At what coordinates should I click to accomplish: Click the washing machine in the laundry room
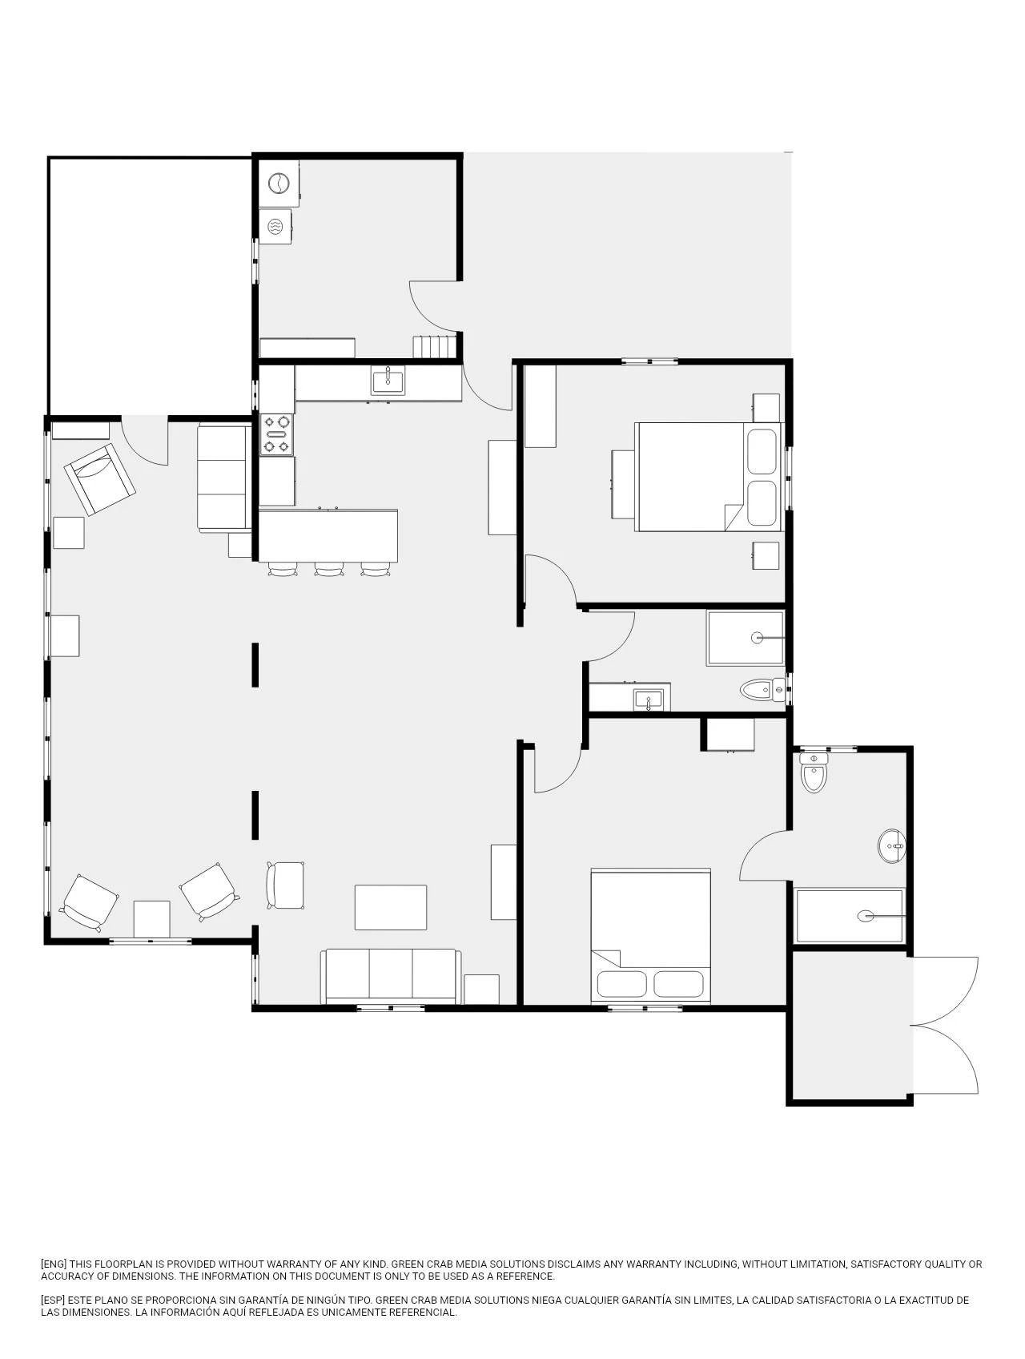[279, 183]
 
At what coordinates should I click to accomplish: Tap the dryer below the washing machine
[275, 227]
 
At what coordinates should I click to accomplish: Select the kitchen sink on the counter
[388, 380]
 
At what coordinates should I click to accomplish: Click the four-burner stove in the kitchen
[276, 434]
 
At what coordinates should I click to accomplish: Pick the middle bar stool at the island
[329, 569]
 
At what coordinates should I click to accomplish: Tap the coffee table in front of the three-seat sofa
[391, 907]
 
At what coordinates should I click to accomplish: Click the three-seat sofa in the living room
[391, 976]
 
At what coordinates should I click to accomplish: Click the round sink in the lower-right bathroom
[891, 845]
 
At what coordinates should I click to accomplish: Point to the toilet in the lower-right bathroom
[814, 772]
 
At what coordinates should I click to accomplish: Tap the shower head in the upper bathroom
[757, 638]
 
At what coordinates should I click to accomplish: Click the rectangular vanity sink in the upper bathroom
[648, 700]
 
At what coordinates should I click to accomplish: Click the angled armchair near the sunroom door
[100, 478]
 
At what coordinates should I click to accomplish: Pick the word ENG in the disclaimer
[54, 1264]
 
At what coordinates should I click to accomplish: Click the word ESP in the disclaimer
[54, 1301]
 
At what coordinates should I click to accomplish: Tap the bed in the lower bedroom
[650, 936]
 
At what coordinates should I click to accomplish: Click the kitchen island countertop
[328, 536]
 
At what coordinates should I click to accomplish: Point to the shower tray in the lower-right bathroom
[850, 916]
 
